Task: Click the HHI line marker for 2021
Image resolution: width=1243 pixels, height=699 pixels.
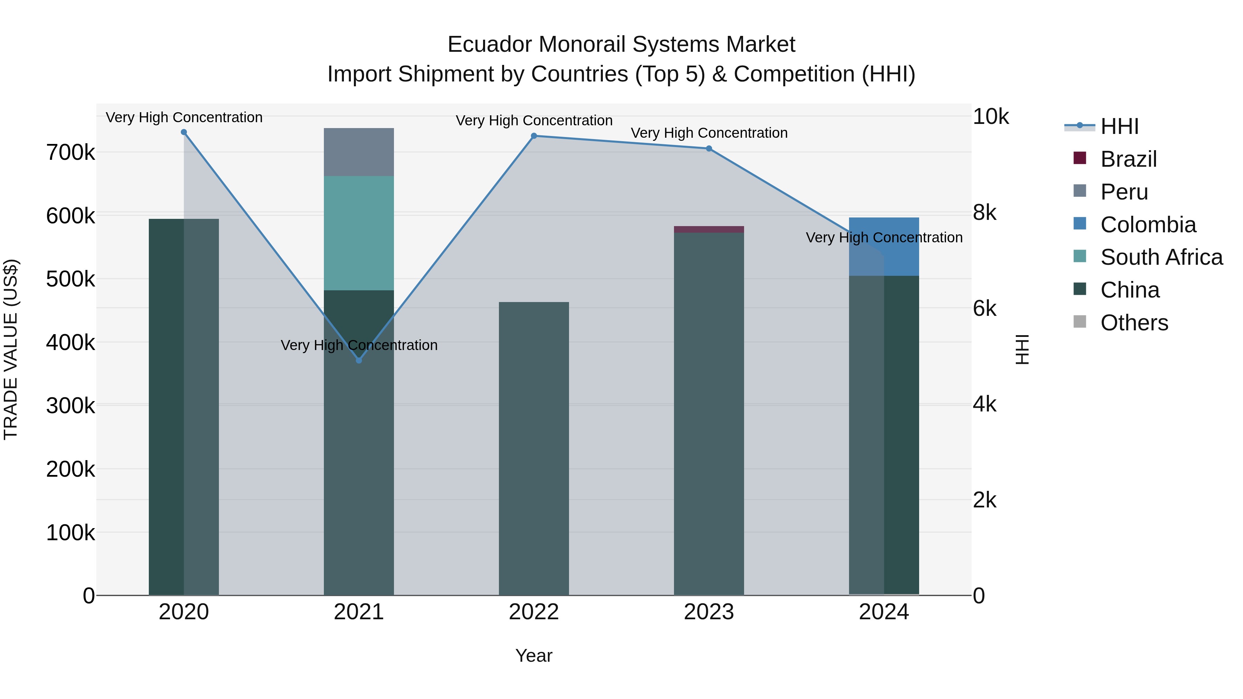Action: point(358,360)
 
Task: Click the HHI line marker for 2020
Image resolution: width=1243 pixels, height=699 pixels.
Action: point(184,132)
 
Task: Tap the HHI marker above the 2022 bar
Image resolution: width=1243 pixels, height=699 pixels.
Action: point(534,136)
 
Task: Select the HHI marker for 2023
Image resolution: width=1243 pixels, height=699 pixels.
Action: point(709,148)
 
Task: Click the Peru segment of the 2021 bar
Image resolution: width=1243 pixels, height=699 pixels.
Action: point(358,152)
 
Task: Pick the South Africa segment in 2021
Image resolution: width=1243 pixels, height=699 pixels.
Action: point(358,233)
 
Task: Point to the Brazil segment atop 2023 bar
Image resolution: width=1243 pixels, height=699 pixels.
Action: point(709,229)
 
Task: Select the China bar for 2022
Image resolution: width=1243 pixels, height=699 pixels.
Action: point(534,449)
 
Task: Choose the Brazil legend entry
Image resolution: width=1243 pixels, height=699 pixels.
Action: point(1128,159)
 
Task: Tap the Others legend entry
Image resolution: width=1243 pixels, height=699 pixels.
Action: point(1134,323)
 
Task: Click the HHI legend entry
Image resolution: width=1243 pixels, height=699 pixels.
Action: point(1119,126)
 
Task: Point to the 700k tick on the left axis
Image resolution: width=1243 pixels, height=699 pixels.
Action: point(70,153)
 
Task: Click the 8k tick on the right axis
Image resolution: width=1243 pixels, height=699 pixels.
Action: point(984,213)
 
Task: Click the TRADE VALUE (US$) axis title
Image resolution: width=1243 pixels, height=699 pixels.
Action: point(11,349)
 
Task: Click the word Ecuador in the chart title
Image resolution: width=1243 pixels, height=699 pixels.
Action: point(489,45)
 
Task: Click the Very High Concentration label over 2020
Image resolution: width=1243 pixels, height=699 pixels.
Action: point(184,118)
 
